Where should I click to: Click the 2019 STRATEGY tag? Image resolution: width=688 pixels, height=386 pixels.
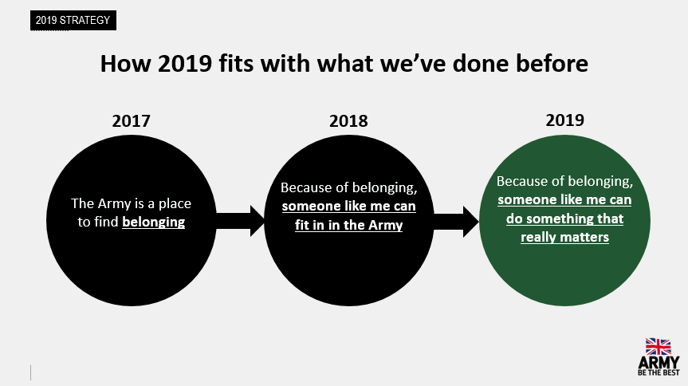pyautogui.click(x=73, y=20)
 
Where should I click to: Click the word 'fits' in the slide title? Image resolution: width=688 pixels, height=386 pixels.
pyautogui.click(x=236, y=63)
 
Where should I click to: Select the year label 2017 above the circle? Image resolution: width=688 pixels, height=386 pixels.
pyautogui.click(x=132, y=120)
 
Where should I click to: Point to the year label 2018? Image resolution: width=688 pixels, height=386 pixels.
pyautogui.click(x=348, y=120)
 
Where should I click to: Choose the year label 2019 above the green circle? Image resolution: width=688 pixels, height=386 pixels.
pyautogui.click(x=564, y=120)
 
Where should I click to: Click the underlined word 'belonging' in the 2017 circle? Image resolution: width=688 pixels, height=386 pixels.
pyautogui.click(x=154, y=223)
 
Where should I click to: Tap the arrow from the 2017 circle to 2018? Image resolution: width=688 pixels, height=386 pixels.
pyautogui.click(x=241, y=221)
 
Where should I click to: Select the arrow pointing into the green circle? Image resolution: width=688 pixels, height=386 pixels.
pyautogui.click(x=456, y=222)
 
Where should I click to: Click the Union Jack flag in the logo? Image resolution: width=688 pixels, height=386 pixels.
pyautogui.click(x=659, y=346)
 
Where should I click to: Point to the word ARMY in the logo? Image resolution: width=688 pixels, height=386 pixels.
pyautogui.click(x=659, y=363)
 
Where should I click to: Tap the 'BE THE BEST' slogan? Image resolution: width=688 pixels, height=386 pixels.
pyautogui.click(x=659, y=372)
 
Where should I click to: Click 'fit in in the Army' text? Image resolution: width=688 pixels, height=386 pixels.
pyautogui.click(x=349, y=225)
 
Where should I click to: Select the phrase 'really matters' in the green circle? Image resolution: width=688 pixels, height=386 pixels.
pyautogui.click(x=564, y=237)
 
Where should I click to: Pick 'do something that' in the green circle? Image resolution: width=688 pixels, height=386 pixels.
pyautogui.click(x=564, y=219)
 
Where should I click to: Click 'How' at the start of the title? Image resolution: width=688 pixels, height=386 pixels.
pyautogui.click(x=125, y=63)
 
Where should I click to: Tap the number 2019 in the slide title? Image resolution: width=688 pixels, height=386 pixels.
pyautogui.click(x=185, y=63)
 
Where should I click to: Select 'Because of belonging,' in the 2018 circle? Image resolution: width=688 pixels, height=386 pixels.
pyautogui.click(x=349, y=187)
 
